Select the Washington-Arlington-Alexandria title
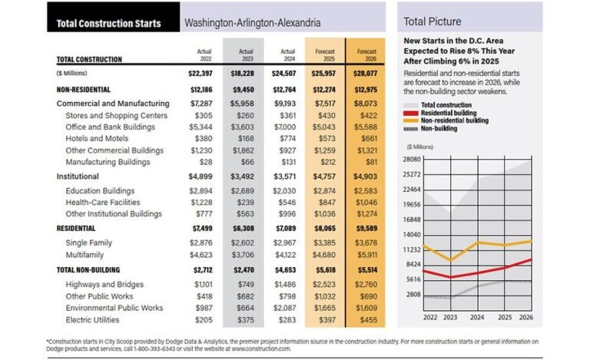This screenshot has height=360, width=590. tap(252, 24)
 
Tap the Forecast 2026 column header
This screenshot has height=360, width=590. tap(366, 56)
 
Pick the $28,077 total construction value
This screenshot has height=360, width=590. tap(366, 74)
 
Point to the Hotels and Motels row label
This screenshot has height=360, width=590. tap(97, 138)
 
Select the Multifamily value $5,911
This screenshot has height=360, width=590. tap(366, 255)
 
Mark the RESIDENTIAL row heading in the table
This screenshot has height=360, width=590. tap(76, 228)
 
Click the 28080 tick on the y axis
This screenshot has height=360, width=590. tap(412, 159)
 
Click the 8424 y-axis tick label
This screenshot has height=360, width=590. tap(413, 264)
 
